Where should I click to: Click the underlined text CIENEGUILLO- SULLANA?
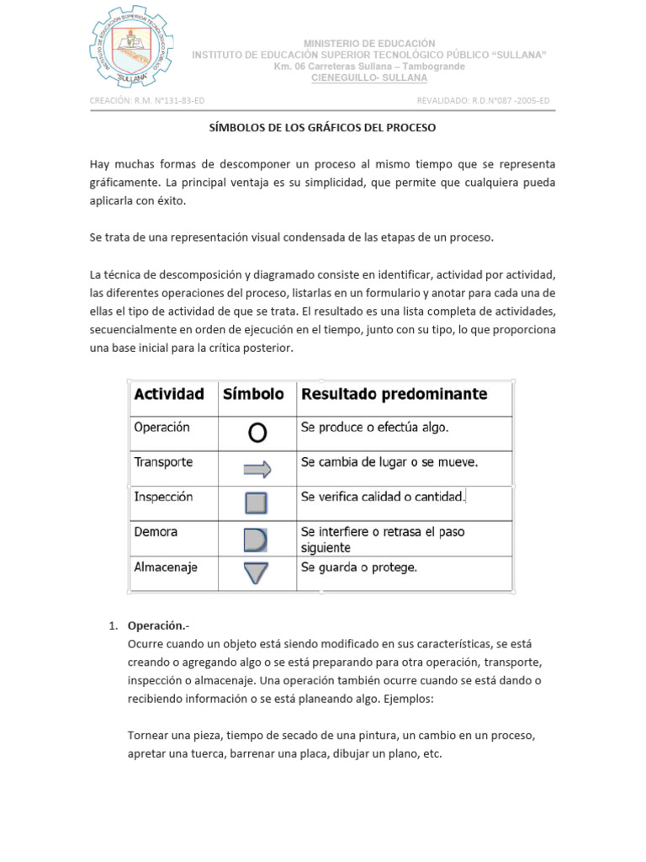point(369,77)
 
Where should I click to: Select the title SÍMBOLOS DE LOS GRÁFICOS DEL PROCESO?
point(323,129)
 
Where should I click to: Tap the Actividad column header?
point(169,393)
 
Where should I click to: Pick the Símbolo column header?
point(253,393)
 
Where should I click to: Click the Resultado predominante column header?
point(394,393)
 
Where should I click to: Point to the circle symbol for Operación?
point(257,433)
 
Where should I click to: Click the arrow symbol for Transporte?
point(257,469)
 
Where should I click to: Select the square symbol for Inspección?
point(257,503)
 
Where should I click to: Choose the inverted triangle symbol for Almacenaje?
point(257,572)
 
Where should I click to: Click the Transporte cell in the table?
point(163,462)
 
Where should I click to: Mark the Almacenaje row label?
point(166,567)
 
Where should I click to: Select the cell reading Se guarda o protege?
point(359,567)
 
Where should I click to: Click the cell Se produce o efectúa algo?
point(375,428)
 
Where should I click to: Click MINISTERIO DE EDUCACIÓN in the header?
point(369,43)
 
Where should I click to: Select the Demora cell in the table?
point(156,532)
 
